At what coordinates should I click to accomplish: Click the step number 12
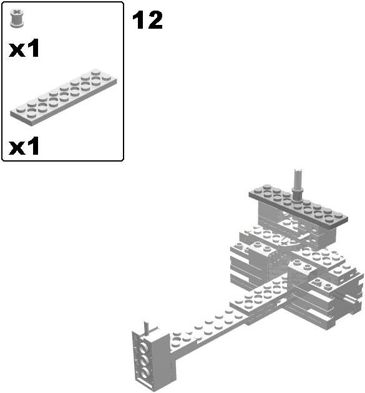(x=147, y=21)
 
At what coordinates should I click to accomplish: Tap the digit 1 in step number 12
(x=138, y=21)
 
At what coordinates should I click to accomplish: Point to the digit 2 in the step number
(x=154, y=21)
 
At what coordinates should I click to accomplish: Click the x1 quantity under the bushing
(x=24, y=49)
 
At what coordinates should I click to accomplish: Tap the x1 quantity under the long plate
(x=24, y=147)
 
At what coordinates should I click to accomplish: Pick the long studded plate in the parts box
(x=63, y=97)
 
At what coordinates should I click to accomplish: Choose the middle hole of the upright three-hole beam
(x=144, y=360)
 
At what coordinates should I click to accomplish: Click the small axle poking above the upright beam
(x=147, y=326)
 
